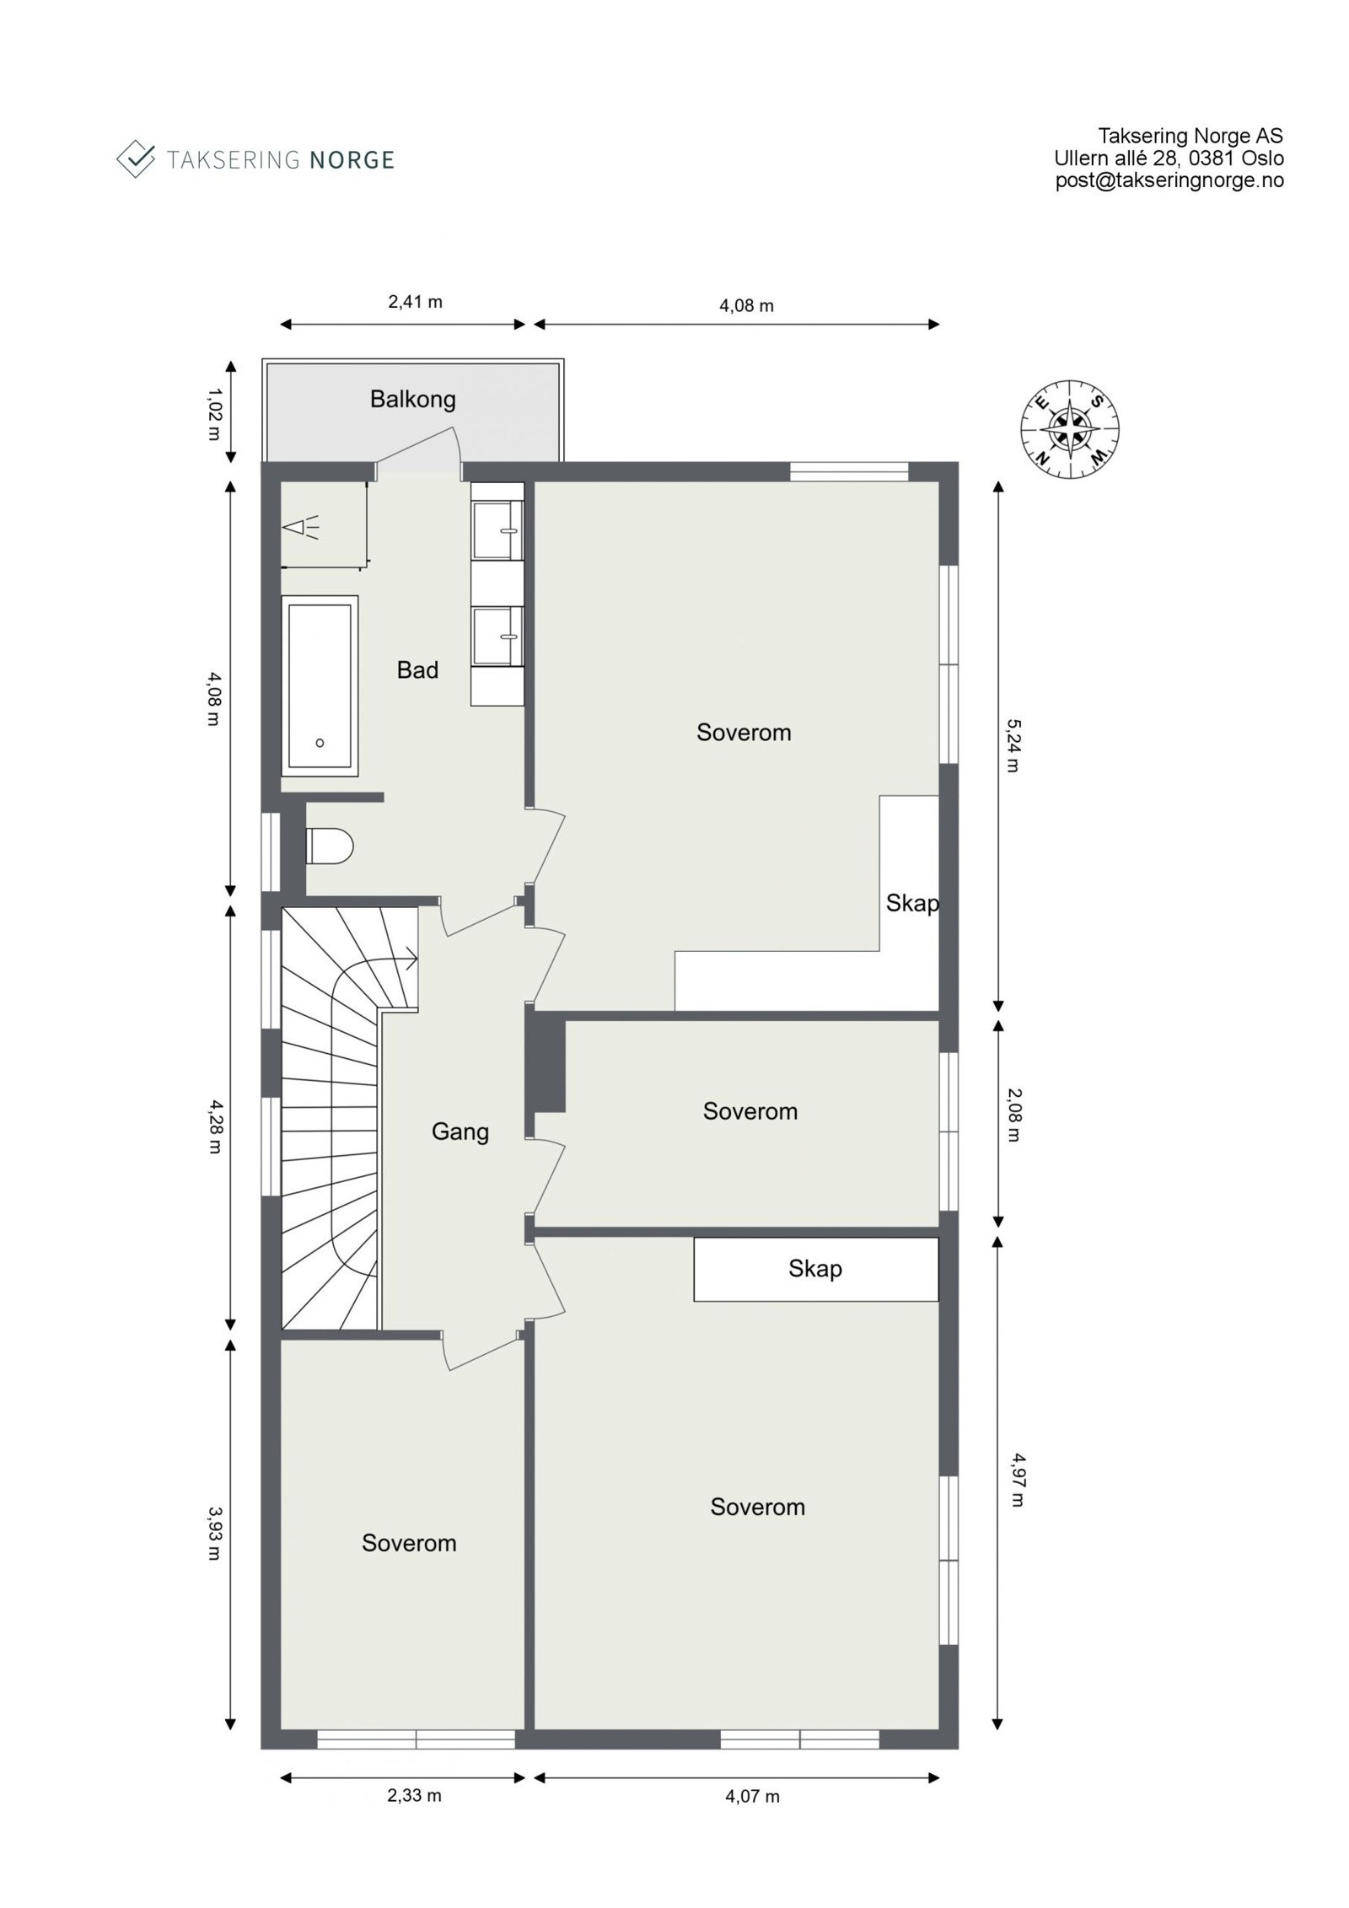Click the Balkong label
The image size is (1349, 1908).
coord(412,399)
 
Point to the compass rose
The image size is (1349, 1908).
coord(1070,429)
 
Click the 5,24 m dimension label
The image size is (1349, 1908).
coord(1013,744)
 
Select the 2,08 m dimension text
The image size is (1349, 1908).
coord(1013,1126)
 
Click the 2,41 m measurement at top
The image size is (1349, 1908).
coord(415,302)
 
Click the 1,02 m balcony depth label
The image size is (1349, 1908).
coord(213,414)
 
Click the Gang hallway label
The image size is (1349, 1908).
coord(460,1131)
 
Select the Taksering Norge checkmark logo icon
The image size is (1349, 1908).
coord(136,158)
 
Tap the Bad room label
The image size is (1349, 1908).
coord(417,670)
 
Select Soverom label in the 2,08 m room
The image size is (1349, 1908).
coord(750,1111)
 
